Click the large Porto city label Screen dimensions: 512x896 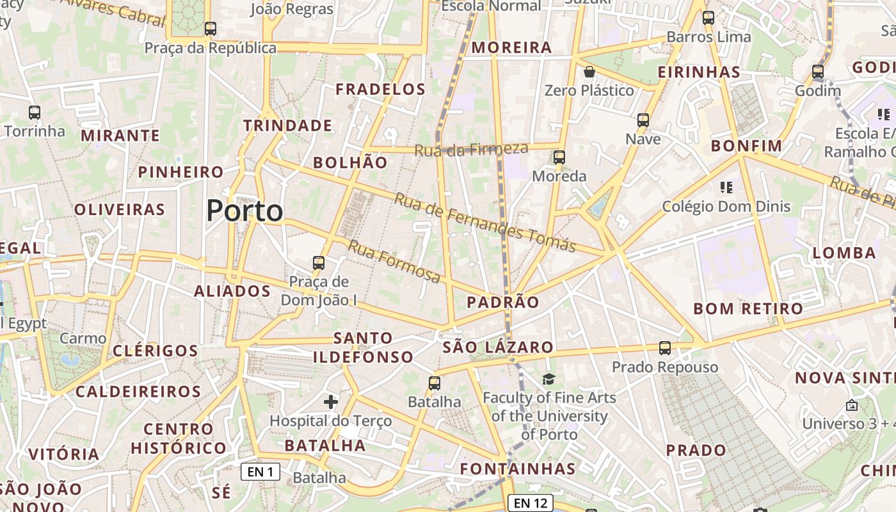pos(244,211)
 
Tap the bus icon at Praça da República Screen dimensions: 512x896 pos(211,29)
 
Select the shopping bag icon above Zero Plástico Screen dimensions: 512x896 pos(589,72)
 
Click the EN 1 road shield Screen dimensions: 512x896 pos(260,472)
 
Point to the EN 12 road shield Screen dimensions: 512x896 pos(530,503)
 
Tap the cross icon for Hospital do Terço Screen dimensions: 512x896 pos(331,402)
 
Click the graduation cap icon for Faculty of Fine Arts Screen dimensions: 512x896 pos(548,380)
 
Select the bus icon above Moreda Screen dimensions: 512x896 pos(559,157)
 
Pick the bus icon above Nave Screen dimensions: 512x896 pos(643,120)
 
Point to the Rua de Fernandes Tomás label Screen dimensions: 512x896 pos(484,222)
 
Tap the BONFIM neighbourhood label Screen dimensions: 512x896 pos(747,146)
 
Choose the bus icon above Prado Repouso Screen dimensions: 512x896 pos(665,348)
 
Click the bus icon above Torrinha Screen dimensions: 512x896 pos(35,113)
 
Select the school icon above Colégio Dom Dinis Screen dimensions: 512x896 pos(726,188)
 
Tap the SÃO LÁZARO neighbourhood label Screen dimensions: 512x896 pos(498,348)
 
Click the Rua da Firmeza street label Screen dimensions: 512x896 pos(472,150)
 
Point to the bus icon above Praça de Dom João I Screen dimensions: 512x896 pos(319,262)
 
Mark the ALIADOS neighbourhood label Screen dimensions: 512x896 pos(232,291)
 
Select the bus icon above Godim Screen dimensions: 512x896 pos(818,72)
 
